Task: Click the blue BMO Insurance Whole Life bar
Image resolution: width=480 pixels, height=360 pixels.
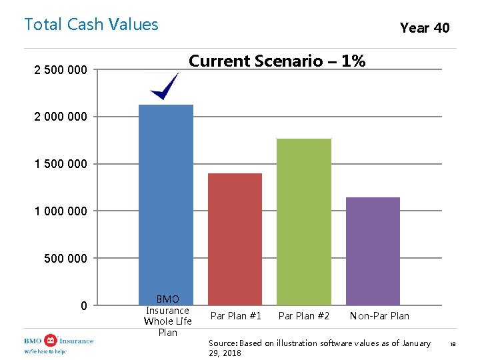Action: tap(166, 205)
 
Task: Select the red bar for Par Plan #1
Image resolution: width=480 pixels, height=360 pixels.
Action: tap(235, 239)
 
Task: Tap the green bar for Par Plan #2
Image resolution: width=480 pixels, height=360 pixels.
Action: tap(304, 221)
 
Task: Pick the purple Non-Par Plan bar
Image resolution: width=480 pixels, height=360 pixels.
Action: tap(373, 251)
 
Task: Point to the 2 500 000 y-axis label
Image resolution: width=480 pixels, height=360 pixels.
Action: tap(61, 70)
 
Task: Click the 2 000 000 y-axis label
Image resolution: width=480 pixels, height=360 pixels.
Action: tap(61, 117)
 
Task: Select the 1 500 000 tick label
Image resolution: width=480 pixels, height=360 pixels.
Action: tap(61, 164)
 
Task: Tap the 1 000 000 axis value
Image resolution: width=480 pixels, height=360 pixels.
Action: tap(61, 211)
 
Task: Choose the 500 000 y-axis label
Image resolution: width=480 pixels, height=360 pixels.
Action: tap(65, 259)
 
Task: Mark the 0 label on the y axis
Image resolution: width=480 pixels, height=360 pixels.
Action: tap(84, 305)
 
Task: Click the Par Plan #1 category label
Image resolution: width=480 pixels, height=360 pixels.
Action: tap(236, 315)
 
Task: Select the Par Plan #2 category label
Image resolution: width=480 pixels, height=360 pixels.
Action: tap(304, 315)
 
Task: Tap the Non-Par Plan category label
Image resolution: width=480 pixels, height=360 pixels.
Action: tap(379, 315)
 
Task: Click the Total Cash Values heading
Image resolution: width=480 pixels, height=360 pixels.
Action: tap(91, 24)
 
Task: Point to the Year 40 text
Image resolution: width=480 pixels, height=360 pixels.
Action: tap(425, 28)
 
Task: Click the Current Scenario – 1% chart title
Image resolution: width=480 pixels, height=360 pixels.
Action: tap(277, 61)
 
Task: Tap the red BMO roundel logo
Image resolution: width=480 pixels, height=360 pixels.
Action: tap(51, 341)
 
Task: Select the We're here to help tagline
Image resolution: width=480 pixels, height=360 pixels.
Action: tap(45, 351)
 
